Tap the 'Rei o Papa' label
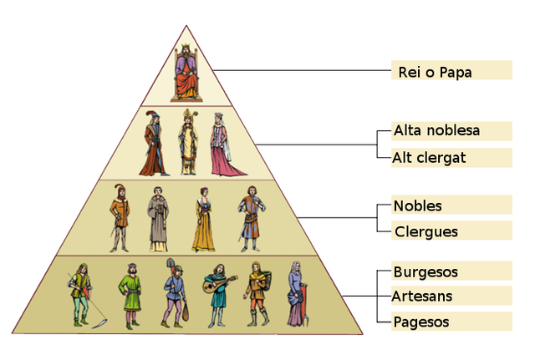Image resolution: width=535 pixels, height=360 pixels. pyautogui.click(x=433, y=72)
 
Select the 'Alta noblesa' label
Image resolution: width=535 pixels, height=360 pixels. pyautogui.click(x=436, y=130)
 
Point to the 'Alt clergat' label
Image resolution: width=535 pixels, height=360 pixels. pyautogui.click(x=429, y=157)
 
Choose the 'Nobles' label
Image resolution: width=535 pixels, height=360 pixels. pyautogui.click(x=417, y=205)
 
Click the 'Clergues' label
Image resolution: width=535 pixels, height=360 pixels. pyautogui.click(x=425, y=231)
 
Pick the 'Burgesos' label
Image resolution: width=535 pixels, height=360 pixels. pyautogui.click(x=425, y=271)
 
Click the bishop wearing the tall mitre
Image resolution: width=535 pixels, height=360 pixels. pyautogui.click(x=188, y=142)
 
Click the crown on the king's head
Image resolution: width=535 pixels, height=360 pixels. pyautogui.click(x=186, y=48)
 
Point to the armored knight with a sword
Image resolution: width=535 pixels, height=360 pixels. pyautogui.click(x=249, y=219)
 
